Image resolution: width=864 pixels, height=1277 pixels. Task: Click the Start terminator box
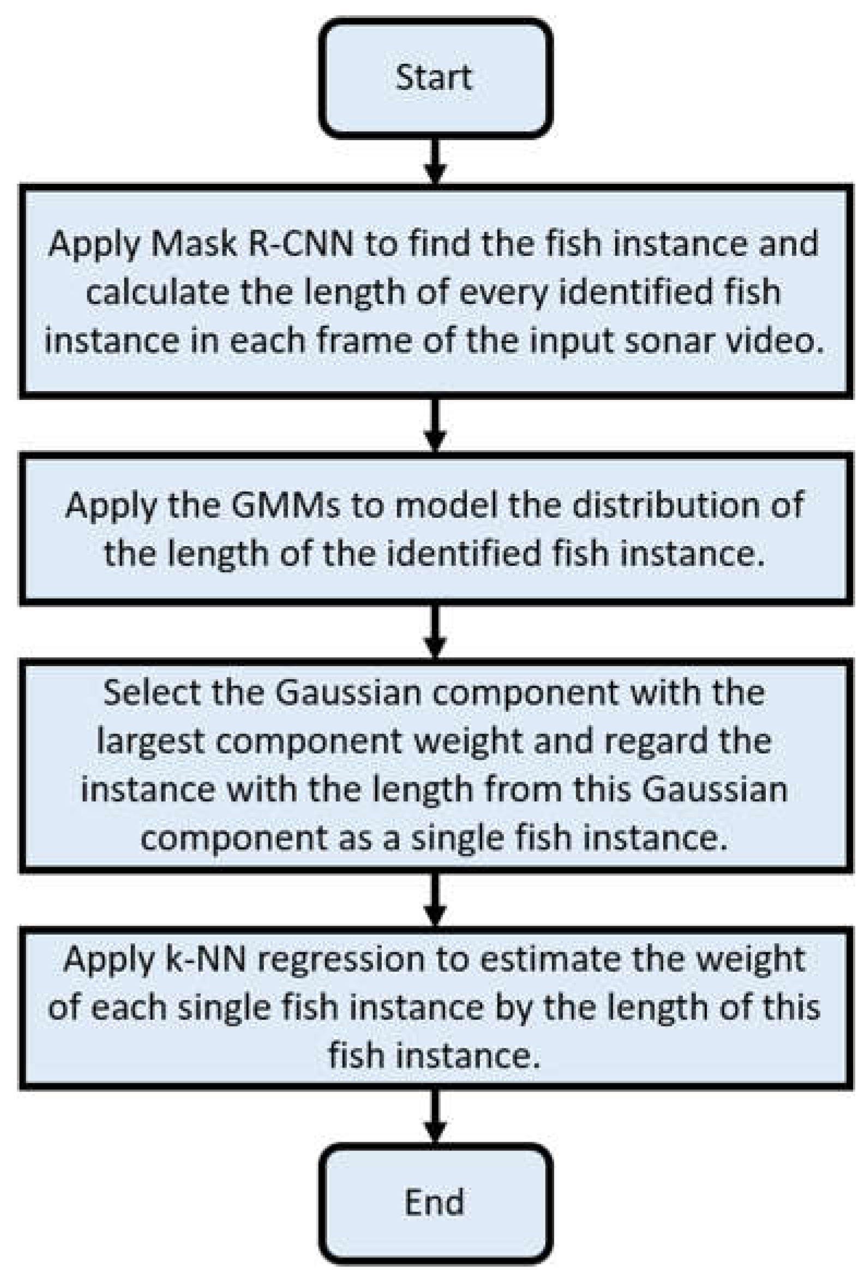(x=434, y=77)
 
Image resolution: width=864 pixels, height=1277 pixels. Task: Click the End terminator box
(x=434, y=1202)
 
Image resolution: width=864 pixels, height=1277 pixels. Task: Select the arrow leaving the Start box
(x=435, y=160)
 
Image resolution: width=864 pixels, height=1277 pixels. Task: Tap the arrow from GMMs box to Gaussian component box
(x=435, y=631)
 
